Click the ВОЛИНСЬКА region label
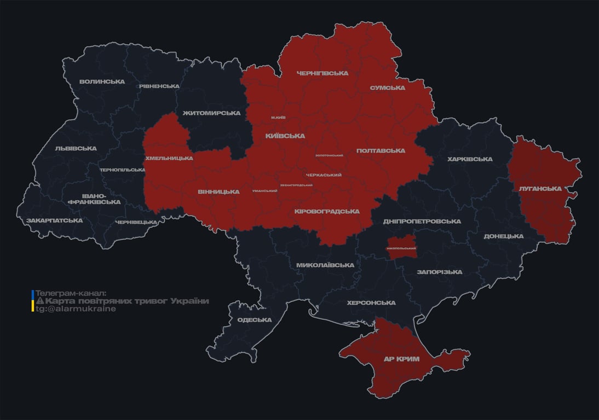point(102,82)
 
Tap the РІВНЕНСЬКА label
point(159,86)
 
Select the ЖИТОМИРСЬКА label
point(211,113)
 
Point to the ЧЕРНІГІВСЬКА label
point(322,73)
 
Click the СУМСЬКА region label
point(387,88)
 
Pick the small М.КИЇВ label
point(278,118)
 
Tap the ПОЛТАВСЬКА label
point(381,151)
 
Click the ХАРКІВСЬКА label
point(469,159)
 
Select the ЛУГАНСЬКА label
point(540,189)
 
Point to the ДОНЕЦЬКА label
point(503,236)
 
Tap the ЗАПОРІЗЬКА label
point(439,272)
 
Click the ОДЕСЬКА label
point(254,320)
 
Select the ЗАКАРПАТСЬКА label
point(54,220)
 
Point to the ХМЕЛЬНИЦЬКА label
point(169,158)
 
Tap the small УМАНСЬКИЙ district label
point(264,191)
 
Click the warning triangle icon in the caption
point(39,301)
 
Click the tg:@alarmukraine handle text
point(76,309)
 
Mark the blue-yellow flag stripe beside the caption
point(33,301)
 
